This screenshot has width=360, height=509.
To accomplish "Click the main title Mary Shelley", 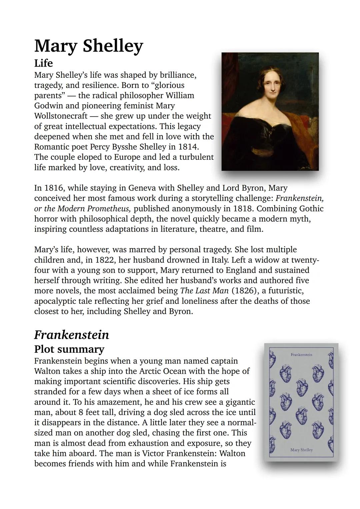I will click(x=88, y=46).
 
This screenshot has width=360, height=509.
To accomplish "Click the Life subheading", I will click(x=43, y=63).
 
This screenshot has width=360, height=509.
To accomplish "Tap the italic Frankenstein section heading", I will click(x=71, y=335).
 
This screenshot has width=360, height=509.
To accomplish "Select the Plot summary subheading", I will click(x=69, y=349).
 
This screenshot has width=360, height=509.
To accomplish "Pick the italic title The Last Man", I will click(x=204, y=291).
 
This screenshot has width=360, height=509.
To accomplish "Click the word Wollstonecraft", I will click(x=61, y=116).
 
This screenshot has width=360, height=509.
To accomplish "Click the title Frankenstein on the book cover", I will click(x=301, y=355).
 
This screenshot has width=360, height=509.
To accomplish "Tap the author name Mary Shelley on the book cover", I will click(x=301, y=450).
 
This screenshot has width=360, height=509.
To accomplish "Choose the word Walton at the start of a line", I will click(x=47, y=371).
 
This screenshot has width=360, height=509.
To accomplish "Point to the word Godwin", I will click(x=48, y=106).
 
